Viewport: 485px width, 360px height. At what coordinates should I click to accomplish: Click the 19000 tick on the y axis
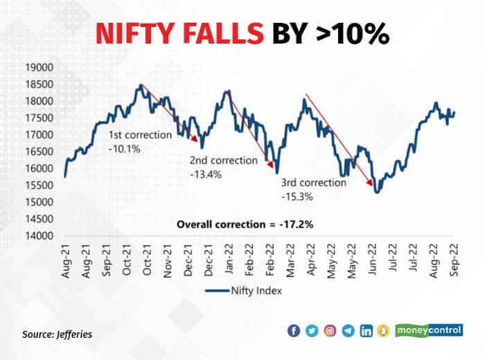[38, 68]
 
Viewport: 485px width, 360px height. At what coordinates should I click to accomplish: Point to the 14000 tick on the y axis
[38, 235]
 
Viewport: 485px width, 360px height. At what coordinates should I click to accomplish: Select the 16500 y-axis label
[38, 152]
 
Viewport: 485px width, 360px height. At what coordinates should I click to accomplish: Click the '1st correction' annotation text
[139, 135]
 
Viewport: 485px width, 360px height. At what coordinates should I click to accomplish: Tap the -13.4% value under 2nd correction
[205, 174]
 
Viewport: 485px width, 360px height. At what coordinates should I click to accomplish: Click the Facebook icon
[294, 331]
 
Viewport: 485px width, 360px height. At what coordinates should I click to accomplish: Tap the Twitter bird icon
[312, 331]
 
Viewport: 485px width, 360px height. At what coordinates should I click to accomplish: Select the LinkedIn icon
[366, 331]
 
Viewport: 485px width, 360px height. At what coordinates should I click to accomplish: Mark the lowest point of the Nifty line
[376, 192]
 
